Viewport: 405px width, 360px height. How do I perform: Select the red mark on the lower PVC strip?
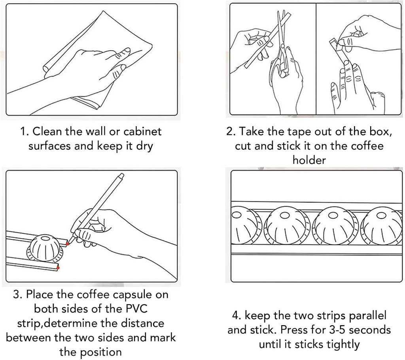pos(59,268)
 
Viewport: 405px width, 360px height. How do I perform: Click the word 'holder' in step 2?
pos(309,160)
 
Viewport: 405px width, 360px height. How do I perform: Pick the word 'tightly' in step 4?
pos(341,344)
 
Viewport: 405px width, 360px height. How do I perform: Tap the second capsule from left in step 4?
pos(286,225)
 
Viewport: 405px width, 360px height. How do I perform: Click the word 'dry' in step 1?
pos(144,146)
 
